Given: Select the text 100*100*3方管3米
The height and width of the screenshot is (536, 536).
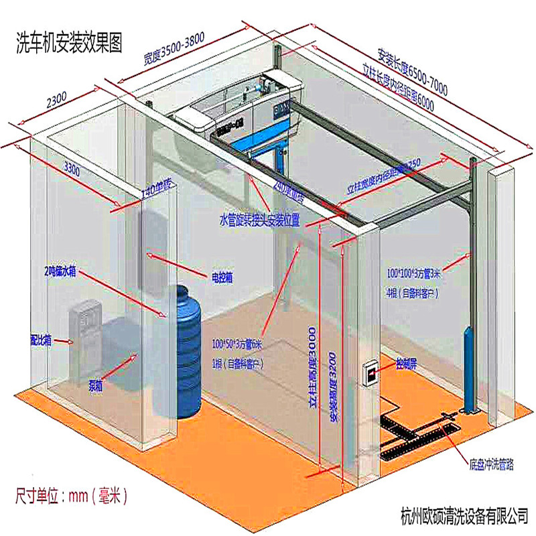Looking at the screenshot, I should [x=419, y=273].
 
